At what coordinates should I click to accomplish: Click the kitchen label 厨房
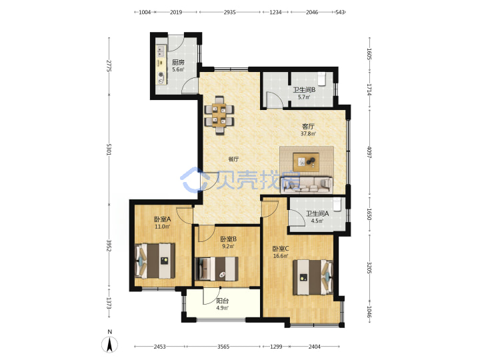[178, 63]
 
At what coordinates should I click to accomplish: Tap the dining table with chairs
[219, 115]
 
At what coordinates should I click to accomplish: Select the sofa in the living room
[307, 185]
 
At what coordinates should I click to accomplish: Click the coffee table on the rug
[306, 162]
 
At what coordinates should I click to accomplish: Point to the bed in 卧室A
[155, 261]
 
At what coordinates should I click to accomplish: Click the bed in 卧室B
[217, 269]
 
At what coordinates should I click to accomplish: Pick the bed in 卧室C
[313, 277]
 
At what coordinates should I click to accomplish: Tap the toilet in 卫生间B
[321, 79]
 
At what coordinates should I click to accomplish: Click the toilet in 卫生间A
[337, 204]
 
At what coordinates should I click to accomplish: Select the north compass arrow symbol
[109, 345]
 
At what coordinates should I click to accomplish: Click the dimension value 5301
[109, 149]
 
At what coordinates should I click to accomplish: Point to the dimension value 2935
[229, 12]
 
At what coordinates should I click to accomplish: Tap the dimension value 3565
[223, 347]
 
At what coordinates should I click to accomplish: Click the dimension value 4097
[369, 152]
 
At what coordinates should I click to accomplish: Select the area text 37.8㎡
[308, 133]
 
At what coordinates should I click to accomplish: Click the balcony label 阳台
[222, 301]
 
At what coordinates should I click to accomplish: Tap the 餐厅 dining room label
[233, 159]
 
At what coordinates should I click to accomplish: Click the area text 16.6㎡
[281, 256]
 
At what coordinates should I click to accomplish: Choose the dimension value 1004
[145, 12]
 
